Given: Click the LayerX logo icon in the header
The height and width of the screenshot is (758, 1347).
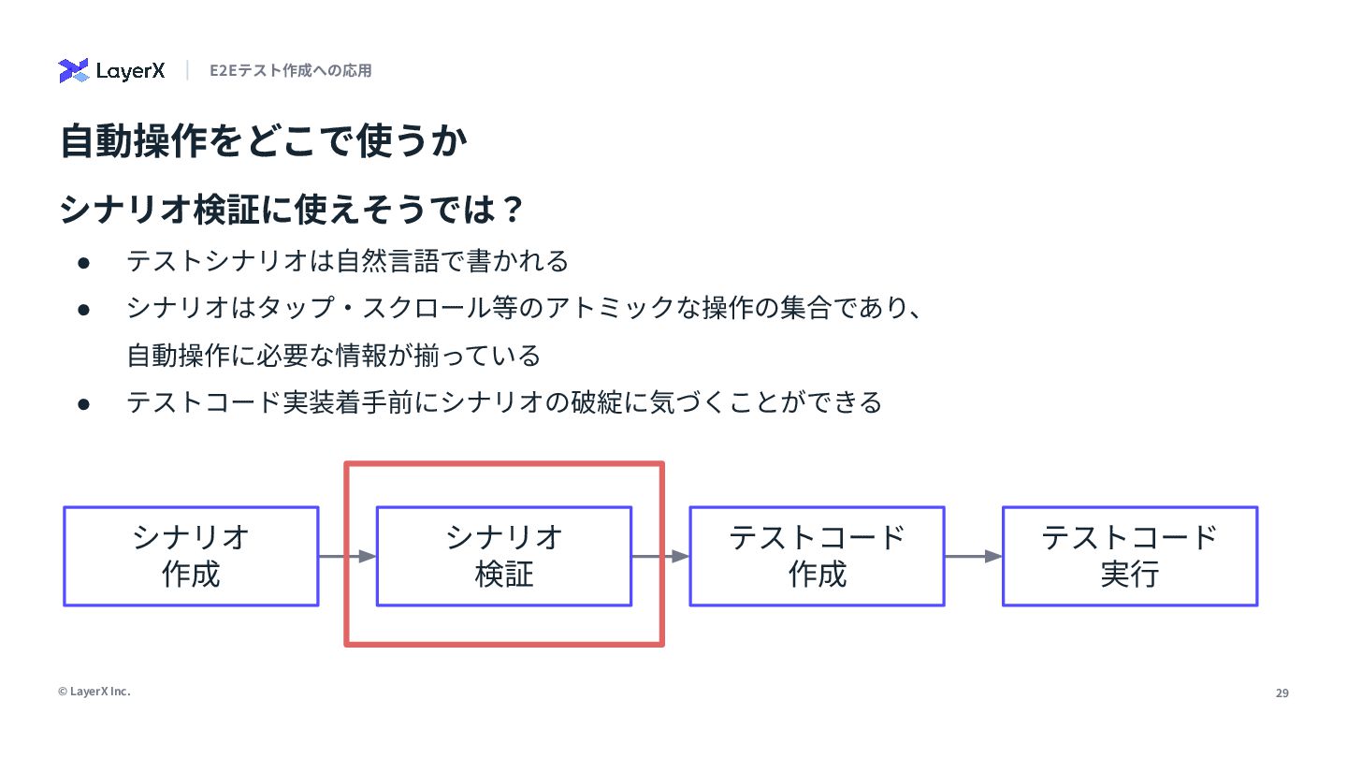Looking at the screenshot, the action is (x=73, y=70).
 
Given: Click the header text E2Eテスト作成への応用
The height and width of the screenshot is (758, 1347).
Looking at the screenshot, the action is (x=290, y=70).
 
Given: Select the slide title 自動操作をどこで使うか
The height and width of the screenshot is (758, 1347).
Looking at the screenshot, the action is (x=263, y=142).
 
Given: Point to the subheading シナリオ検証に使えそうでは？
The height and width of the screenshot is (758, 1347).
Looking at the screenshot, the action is (x=290, y=210).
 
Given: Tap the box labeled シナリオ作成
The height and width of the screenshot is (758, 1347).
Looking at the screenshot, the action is (x=191, y=556).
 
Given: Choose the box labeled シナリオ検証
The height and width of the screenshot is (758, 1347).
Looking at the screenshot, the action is (x=504, y=556).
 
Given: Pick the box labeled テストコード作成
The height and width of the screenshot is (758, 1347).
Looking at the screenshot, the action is (x=817, y=556).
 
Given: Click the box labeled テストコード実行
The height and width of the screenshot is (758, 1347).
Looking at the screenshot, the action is (x=1130, y=556).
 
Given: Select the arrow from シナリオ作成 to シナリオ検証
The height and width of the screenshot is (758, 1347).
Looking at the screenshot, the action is (x=347, y=557).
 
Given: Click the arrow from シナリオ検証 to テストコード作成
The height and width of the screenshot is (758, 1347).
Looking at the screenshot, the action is (x=660, y=557).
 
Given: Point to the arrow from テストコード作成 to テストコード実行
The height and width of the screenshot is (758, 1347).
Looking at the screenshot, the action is (x=973, y=557).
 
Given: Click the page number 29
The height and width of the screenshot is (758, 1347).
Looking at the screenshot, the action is (x=1282, y=693).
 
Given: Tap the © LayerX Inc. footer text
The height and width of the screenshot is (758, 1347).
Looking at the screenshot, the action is (x=94, y=692).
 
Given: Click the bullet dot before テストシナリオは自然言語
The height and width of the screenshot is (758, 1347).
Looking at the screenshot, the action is (x=83, y=262).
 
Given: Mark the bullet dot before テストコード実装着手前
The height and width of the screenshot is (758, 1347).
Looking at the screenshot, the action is (x=83, y=404).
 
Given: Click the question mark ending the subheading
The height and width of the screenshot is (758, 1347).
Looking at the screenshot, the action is (x=511, y=210).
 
